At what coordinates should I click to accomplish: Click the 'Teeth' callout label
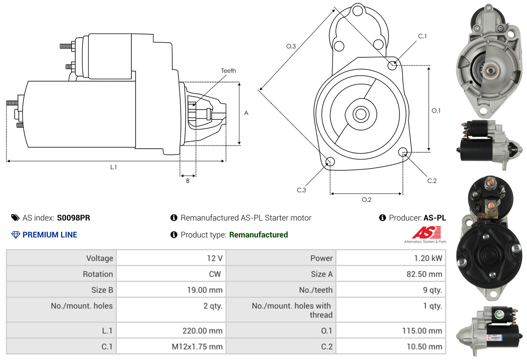point(228,71)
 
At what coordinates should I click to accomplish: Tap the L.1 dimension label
point(113,167)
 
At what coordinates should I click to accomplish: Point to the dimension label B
point(187,181)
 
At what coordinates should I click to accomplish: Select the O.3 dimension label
point(291,46)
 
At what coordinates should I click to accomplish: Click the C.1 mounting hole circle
point(392,65)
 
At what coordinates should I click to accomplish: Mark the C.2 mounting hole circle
point(403,152)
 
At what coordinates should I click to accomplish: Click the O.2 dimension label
point(366,200)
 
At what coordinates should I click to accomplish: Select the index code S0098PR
point(74,218)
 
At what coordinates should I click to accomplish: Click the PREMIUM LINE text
point(50,235)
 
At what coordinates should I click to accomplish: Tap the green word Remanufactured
point(258,235)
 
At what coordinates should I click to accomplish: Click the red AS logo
point(426,233)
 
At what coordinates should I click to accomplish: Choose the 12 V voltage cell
point(214,258)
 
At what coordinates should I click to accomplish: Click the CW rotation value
point(217,274)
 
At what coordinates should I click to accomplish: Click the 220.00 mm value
point(202,331)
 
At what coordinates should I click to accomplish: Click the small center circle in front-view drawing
point(359,113)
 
